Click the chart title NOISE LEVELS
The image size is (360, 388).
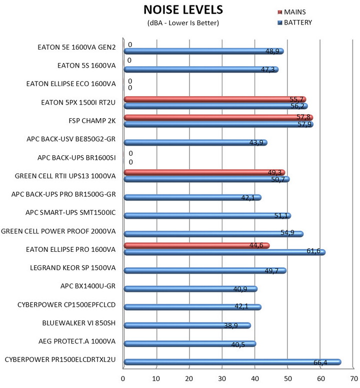pyautogui.click(x=183, y=10)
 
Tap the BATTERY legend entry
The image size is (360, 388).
pyautogui.click(x=298, y=22)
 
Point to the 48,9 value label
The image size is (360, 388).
pyautogui.click(x=272, y=51)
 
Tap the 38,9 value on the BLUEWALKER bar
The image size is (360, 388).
pyautogui.click(x=230, y=325)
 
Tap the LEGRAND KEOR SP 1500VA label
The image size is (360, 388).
pyautogui.click(x=72, y=268)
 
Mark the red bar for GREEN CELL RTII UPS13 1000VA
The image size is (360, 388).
pyautogui.click(x=203, y=173)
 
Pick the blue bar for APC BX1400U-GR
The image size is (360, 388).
pyautogui.click(x=190, y=289)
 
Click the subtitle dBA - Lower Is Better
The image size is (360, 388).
pyautogui.click(x=183, y=23)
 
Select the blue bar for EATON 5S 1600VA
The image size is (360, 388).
pyautogui.click(x=200, y=70)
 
